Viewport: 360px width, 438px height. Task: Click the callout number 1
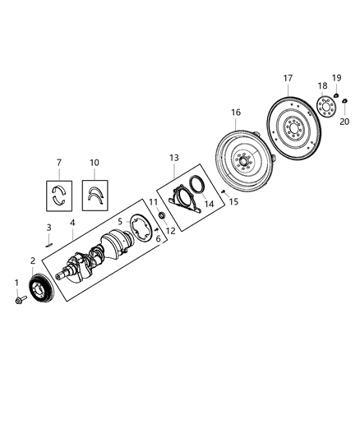[15, 284]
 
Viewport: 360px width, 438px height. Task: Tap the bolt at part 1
[18, 302]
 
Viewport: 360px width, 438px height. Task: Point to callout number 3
[48, 227]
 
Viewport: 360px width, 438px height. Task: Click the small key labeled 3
[50, 242]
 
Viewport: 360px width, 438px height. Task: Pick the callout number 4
[73, 222]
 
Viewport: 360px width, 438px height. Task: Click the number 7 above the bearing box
[58, 162]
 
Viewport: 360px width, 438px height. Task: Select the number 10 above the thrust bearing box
[95, 162]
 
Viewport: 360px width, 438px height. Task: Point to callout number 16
[236, 112]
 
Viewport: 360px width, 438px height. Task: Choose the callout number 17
[288, 79]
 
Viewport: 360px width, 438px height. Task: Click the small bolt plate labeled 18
[328, 108]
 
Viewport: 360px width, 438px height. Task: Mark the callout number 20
[344, 121]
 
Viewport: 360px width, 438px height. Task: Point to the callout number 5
[120, 221]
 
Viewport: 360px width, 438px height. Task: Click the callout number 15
[234, 201]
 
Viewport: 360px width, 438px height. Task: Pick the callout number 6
[158, 238]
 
